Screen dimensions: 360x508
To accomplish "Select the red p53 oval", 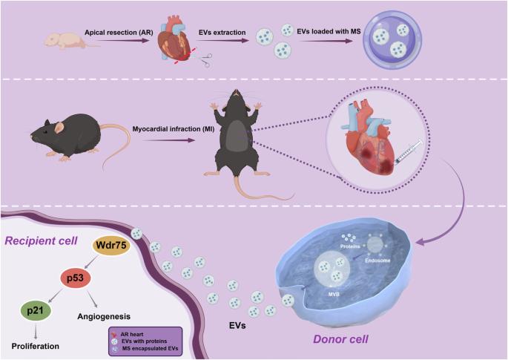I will point(71,278).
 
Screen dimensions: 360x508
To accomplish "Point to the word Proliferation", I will point(35,346).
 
